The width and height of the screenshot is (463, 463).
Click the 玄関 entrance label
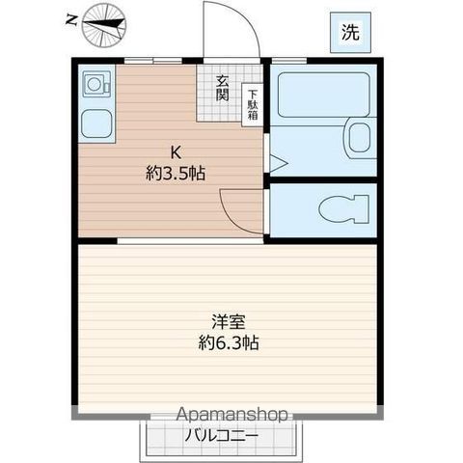222,90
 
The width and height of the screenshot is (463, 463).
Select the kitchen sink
95,123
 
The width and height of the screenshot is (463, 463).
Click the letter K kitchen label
175,151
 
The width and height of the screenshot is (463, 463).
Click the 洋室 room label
228,322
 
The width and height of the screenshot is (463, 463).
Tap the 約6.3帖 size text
229,342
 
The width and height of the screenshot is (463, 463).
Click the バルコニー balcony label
222,435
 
